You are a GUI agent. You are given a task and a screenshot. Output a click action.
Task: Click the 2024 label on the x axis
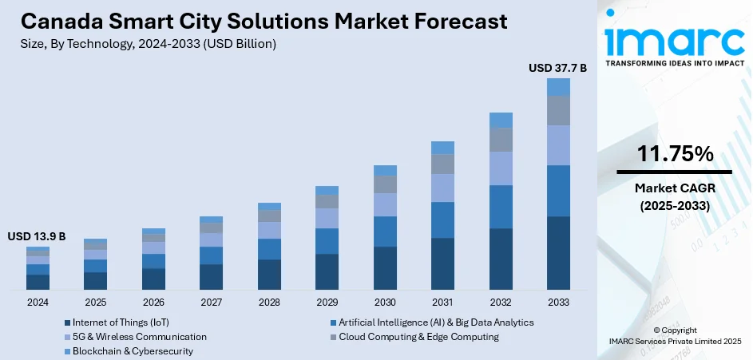coord(38,303)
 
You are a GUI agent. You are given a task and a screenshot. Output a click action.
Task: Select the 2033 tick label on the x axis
coord(558,303)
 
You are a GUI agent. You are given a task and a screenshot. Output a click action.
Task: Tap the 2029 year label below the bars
coord(327,303)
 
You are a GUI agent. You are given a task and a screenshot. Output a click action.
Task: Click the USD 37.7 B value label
coord(557,69)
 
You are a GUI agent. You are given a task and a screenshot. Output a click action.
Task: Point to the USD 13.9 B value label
coord(37,237)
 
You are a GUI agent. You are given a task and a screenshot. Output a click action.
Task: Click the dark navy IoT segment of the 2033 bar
coord(558,252)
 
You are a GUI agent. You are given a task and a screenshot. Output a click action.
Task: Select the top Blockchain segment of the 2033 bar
coord(558,87)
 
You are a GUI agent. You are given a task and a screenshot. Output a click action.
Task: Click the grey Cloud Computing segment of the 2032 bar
coord(501,140)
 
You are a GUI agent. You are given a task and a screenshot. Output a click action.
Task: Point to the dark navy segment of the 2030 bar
coord(385,267)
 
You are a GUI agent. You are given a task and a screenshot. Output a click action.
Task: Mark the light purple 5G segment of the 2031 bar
coord(442,188)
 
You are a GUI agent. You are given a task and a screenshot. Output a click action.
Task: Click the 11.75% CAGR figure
coord(674,155)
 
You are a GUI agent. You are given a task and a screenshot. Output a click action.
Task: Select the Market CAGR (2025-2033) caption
coord(674,196)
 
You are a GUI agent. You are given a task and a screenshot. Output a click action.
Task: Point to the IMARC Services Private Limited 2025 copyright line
coord(674,342)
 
